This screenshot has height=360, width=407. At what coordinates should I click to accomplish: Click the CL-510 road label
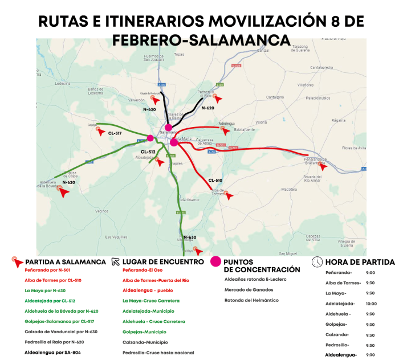[x=215, y=180]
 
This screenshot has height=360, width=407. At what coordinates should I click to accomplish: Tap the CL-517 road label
[x=115, y=133]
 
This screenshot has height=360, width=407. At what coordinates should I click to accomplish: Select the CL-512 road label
[x=148, y=152]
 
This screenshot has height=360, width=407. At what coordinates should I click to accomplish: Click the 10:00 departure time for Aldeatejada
[x=371, y=303]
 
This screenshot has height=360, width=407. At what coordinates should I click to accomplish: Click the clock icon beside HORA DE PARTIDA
[x=316, y=262]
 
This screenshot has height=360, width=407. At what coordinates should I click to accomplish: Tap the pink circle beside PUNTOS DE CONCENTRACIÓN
[x=215, y=261]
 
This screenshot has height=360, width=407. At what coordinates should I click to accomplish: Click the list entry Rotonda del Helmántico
[x=251, y=300]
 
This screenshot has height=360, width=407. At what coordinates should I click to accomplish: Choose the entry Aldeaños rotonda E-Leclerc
[x=255, y=279]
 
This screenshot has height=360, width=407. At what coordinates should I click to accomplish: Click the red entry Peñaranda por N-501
[x=47, y=270]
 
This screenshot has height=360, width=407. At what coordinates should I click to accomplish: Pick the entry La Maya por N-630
[x=45, y=291]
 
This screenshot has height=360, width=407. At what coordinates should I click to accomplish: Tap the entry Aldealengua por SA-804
[x=54, y=353]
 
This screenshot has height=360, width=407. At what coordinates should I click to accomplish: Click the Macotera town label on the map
[x=289, y=189]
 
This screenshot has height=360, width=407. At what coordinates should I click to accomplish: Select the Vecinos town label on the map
[x=102, y=211]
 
